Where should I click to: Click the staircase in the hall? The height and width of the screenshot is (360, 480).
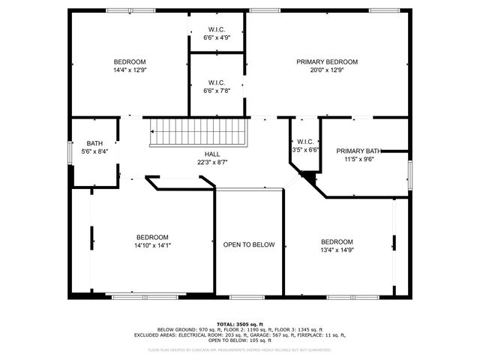[x=199, y=133]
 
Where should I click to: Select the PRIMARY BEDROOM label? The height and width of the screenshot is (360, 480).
[x=326, y=61]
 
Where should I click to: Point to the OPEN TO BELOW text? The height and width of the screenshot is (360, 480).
[x=249, y=244]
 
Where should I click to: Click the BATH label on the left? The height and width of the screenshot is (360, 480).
[x=94, y=143]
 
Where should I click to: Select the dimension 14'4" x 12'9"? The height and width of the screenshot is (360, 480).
[x=130, y=70]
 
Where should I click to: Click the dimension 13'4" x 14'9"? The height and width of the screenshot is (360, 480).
[x=337, y=250]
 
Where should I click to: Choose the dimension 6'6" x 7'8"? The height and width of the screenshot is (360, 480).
[x=217, y=91]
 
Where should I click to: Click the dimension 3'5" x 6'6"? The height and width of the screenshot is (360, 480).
[x=305, y=150]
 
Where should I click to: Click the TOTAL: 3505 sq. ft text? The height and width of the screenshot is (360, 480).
[x=240, y=324]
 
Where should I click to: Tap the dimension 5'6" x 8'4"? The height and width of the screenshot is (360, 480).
[x=94, y=151]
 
